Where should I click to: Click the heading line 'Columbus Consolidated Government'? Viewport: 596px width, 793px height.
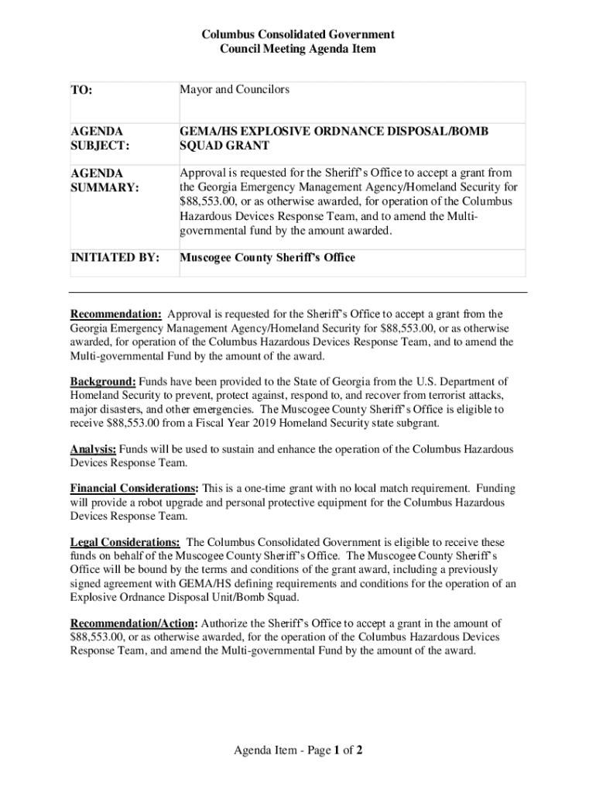pyautogui.click(x=298, y=35)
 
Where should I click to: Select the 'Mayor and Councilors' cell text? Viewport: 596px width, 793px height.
pyautogui.click(x=235, y=90)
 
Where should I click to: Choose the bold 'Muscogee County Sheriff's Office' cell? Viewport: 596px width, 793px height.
pyautogui.click(x=267, y=257)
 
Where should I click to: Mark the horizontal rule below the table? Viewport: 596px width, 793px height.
pyautogui.click(x=298, y=293)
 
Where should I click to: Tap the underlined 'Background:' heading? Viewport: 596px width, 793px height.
pyautogui.click(x=104, y=381)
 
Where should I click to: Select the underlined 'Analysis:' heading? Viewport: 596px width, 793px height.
pyautogui.click(x=94, y=449)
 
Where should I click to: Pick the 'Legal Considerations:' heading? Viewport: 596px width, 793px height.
pyautogui.click(x=125, y=543)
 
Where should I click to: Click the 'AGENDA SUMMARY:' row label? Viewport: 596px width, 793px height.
pyautogui.click(x=100, y=180)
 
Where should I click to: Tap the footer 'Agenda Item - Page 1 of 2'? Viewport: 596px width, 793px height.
pyautogui.click(x=298, y=750)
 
